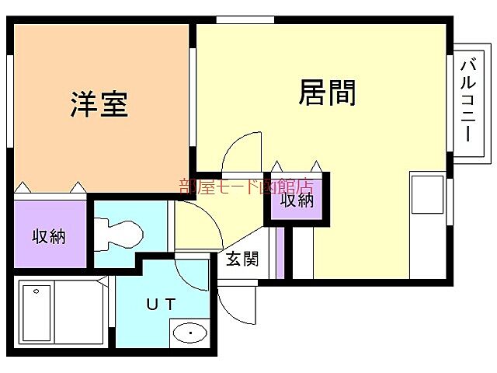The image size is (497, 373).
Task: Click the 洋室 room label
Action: point(99,104)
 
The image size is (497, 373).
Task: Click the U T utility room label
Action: point(162,304)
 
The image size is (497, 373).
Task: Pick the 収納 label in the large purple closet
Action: point(49,237)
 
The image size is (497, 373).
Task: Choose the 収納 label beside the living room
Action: point(296,200)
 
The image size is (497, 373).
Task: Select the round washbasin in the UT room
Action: point(189,334)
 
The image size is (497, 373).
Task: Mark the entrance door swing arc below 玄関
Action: point(237,307)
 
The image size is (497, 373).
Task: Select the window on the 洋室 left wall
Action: point(10,102)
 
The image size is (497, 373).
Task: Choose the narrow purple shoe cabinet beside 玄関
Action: point(280,253)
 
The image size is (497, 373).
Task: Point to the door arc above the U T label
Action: point(191,272)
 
